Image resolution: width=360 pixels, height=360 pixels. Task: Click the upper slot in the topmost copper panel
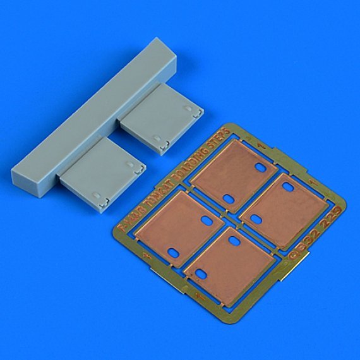(x=260, y=168)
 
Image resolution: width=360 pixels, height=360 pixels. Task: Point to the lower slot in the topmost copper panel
(x=228, y=199)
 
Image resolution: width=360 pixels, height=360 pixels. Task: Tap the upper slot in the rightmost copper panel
(x=288, y=189)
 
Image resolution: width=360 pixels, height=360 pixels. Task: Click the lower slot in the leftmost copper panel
(x=174, y=252)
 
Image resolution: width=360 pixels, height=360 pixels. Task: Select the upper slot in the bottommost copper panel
(x=233, y=241)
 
